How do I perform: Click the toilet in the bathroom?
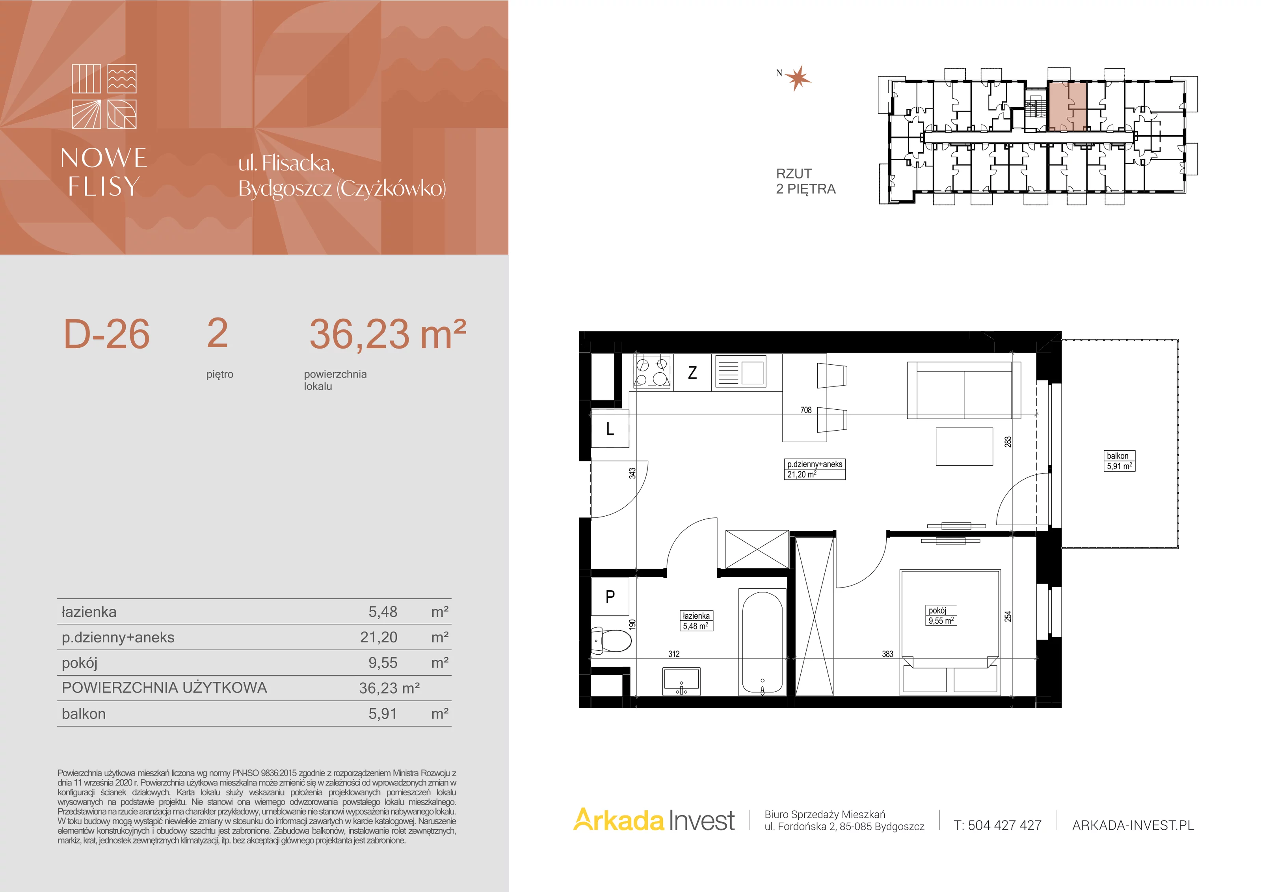611,640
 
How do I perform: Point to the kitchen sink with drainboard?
740,373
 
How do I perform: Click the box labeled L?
610,429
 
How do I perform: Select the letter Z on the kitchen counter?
692,373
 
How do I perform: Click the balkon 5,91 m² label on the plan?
1119,461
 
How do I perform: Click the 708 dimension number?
806,410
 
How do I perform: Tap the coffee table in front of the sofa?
964,447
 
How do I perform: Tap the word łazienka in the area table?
89,612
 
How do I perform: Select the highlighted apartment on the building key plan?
1067,106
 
